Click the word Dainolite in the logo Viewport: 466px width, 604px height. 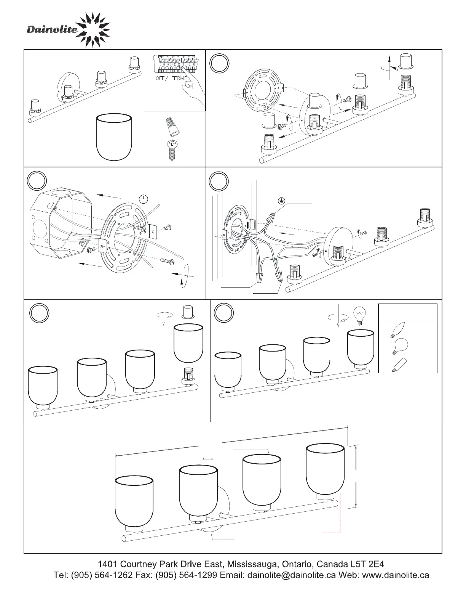pos(52,29)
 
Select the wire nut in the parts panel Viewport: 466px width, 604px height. pos(172,127)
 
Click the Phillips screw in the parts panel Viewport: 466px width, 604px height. pos(172,150)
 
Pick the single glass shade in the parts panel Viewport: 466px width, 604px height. pos(114,137)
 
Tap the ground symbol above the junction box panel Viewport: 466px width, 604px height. pos(144,199)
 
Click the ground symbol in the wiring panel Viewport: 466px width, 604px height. pos(281,201)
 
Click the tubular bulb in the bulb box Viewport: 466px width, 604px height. pos(399,365)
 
